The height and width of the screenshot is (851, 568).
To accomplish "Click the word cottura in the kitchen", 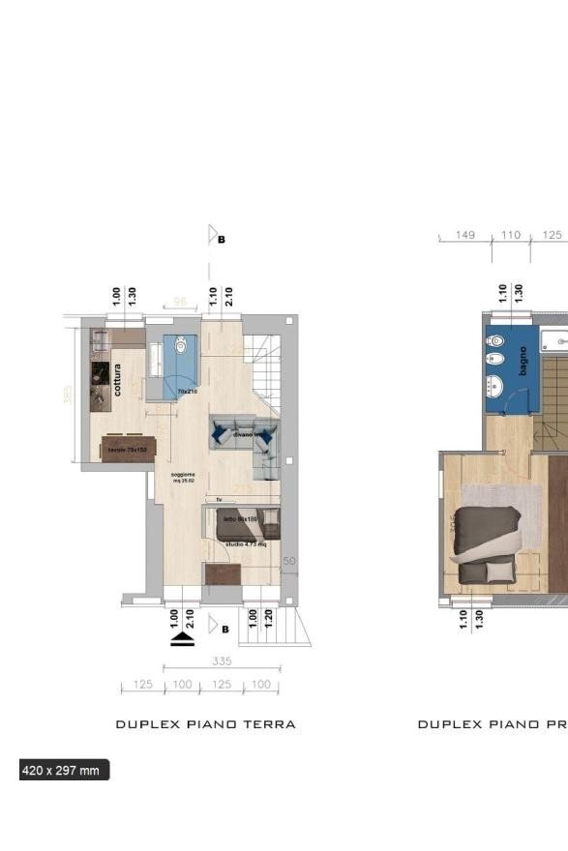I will [x=117, y=379].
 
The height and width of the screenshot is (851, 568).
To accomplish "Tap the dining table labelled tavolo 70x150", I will [x=128, y=450].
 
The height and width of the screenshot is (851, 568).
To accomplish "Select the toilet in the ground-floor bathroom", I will [x=181, y=344].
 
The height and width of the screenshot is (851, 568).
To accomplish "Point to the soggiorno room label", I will [x=184, y=476].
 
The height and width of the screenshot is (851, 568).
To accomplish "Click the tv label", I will [x=220, y=499].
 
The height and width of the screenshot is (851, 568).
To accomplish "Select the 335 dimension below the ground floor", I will [x=222, y=661].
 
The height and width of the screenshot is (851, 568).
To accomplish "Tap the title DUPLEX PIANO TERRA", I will [x=205, y=724].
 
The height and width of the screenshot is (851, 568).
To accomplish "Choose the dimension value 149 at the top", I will [x=465, y=235].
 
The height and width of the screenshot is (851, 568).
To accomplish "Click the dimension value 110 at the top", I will [x=510, y=235].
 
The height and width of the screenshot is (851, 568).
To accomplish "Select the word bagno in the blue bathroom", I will [x=523, y=361].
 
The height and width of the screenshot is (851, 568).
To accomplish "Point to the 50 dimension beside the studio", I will [x=288, y=562].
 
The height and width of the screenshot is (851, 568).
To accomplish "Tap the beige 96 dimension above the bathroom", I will [x=179, y=303].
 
